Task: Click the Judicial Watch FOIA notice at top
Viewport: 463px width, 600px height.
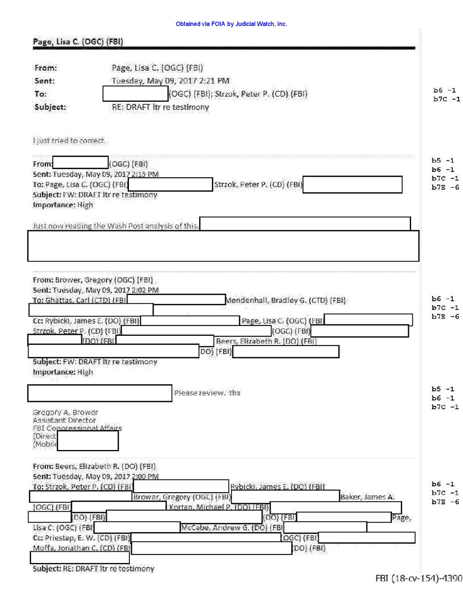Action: coord(231,24)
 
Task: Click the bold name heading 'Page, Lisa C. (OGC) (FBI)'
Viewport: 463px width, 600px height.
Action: coord(78,41)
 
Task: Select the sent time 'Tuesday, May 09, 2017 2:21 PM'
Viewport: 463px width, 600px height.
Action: coord(170,81)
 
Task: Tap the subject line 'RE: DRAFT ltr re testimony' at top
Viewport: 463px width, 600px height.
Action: coord(160,107)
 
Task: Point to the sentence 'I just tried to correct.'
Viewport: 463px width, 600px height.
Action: coord(69,140)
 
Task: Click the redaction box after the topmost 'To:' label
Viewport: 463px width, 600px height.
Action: coord(135,93)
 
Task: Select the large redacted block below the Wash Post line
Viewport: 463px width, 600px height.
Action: coord(223,246)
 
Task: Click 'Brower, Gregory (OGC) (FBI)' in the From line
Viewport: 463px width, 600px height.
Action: coord(104,280)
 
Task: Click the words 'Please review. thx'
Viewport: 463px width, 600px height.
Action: coord(207,393)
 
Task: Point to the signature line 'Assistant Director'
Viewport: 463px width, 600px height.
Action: coord(64,420)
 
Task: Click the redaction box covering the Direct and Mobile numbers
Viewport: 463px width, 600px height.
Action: coord(88,441)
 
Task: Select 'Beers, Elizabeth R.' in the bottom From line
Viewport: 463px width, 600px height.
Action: coord(87,466)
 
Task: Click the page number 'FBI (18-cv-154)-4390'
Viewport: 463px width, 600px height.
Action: coord(418,578)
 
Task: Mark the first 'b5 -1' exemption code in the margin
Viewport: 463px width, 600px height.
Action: coord(443,161)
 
